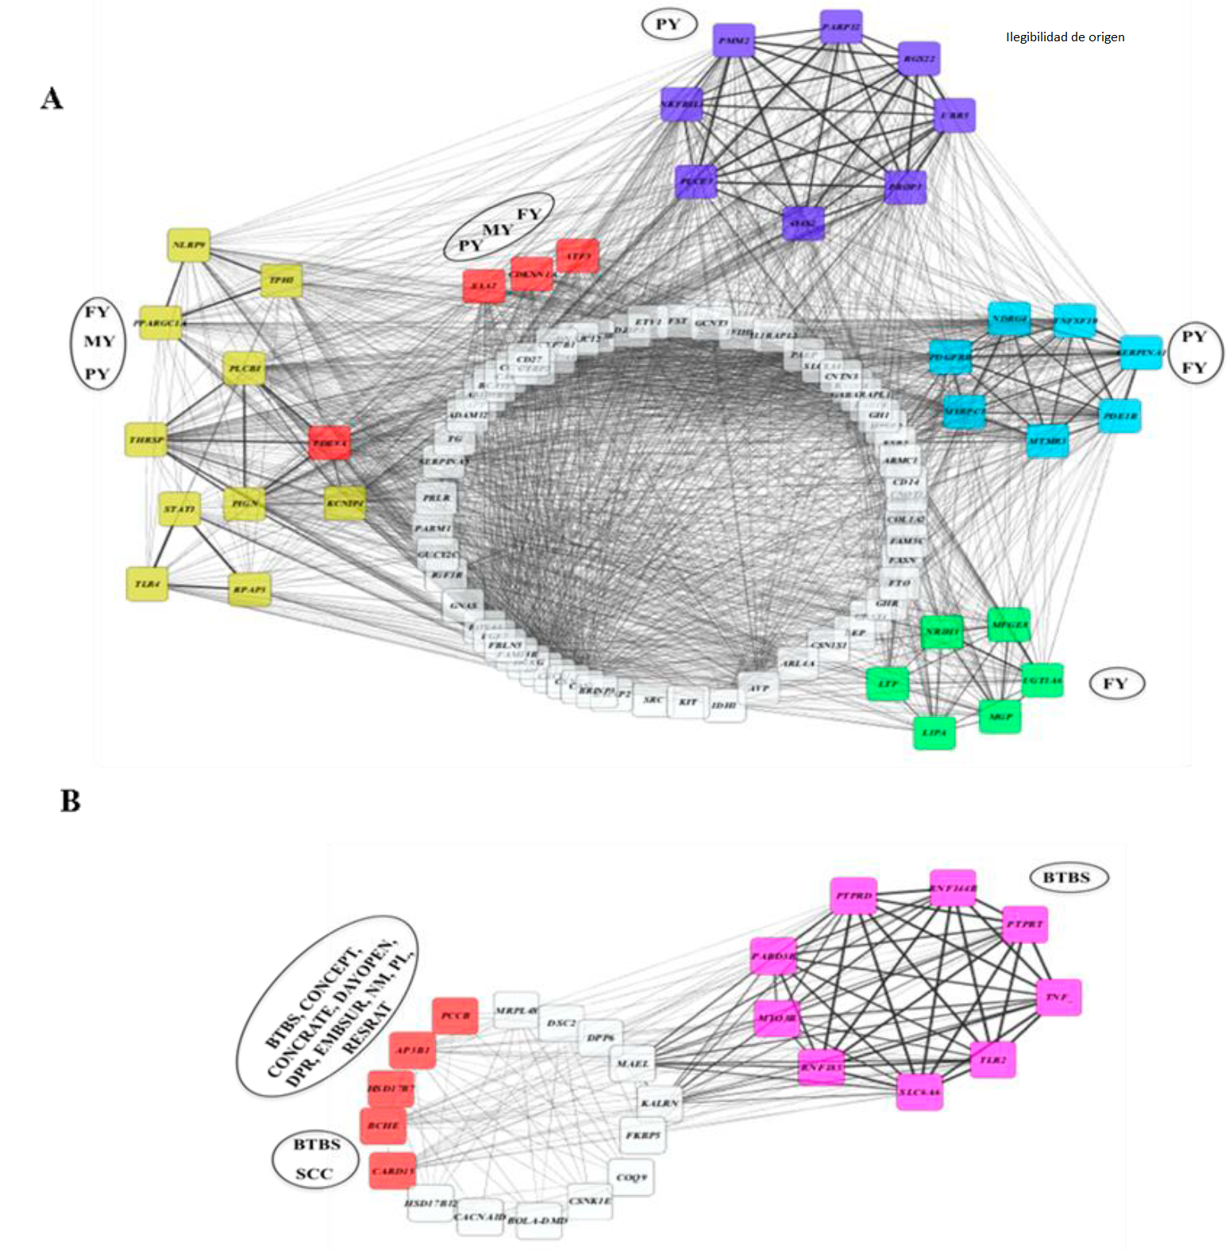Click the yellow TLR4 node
coord(147,584)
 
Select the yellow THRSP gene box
coord(147,440)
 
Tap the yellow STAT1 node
coord(179,508)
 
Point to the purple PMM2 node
coord(734,41)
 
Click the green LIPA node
coord(934,732)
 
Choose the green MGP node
coord(1000,716)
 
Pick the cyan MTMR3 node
coord(1047,441)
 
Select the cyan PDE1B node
coord(1119,416)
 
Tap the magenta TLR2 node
coord(992,1059)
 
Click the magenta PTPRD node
coord(853,896)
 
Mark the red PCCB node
coord(455,1016)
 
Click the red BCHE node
coord(383,1125)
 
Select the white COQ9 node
coord(632,1177)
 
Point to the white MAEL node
coord(633,1063)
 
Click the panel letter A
coord(52,98)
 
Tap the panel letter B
coord(71,801)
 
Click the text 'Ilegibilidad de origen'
coord(1065,37)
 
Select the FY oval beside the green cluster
coord(1115,684)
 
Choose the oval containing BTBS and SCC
coord(315,1159)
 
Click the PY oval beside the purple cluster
coord(668,25)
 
